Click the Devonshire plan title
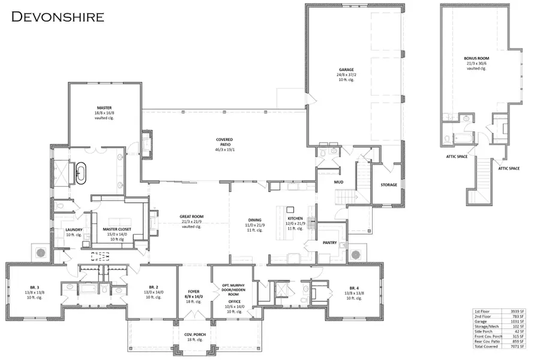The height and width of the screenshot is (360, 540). pyautogui.click(x=57, y=16)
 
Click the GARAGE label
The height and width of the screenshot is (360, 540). pyautogui.click(x=346, y=70)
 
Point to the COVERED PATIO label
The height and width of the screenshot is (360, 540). pyautogui.click(x=224, y=140)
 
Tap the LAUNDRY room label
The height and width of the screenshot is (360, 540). pyautogui.click(x=74, y=229)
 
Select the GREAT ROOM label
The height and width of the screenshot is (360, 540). pyautogui.click(x=191, y=217)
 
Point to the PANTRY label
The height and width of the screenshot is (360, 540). pyautogui.click(x=331, y=244)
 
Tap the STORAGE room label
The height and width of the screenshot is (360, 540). pyautogui.click(x=389, y=185)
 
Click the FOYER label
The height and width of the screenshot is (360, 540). pyautogui.click(x=193, y=292)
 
